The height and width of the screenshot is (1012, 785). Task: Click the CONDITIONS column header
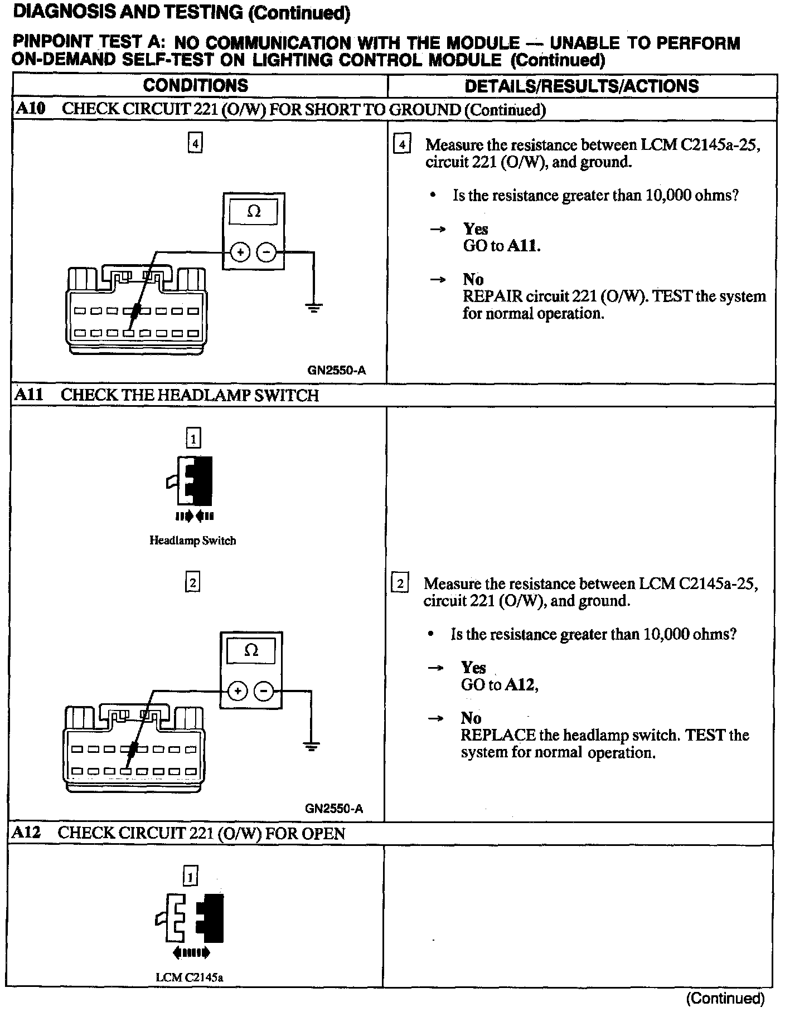tap(195, 85)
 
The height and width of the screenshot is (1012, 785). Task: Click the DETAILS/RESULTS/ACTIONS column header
tap(582, 86)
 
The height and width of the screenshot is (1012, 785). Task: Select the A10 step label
tap(30, 109)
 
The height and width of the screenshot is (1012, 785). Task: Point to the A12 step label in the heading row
tap(26, 833)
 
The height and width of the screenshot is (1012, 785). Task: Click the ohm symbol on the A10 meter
tap(254, 211)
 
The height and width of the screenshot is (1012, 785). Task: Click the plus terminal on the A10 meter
tap(240, 253)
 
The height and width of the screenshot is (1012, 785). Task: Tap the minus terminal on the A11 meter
tap(264, 692)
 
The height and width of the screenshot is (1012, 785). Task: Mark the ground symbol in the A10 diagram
tap(314, 307)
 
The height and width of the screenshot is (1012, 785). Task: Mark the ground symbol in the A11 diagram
tap(311, 746)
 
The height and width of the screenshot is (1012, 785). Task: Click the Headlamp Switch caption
tap(192, 541)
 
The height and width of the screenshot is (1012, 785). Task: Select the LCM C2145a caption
tap(190, 977)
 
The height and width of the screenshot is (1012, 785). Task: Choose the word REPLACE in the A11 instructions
tap(498, 735)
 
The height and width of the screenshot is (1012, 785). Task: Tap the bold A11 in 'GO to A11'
tap(524, 246)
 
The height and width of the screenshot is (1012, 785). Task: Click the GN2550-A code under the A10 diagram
tap(336, 371)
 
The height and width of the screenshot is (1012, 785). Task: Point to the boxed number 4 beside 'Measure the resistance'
tap(402, 145)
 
